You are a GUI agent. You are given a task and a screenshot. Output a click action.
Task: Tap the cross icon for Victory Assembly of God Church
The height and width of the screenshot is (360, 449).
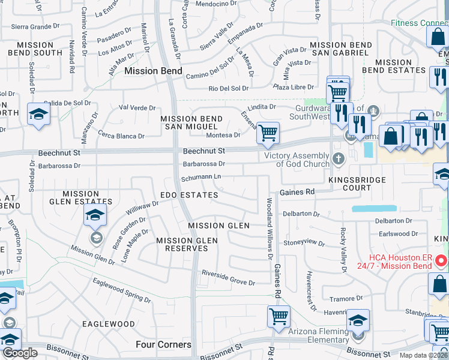coord(339,158)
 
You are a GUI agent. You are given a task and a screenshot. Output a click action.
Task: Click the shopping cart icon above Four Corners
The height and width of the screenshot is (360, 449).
coord(279,316)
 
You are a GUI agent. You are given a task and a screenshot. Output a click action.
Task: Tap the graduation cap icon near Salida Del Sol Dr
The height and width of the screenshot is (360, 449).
coord(38,114)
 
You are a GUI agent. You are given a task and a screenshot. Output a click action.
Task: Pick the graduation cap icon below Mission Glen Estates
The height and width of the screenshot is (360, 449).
coord(95,215)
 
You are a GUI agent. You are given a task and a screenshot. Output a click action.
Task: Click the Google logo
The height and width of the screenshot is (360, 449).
coord(20,353)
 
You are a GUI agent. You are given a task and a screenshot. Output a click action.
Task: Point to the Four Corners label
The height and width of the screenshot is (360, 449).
coord(163,344)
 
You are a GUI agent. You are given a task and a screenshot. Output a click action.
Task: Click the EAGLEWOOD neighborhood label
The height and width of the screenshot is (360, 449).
coord(109,324)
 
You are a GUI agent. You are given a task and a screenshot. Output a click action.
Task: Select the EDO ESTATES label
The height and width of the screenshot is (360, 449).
coord(189,196)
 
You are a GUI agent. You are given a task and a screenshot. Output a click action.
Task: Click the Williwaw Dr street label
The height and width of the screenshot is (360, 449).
coord(142,208)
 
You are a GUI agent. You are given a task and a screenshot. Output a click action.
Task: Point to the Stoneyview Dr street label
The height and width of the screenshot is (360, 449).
coord(304,243)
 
